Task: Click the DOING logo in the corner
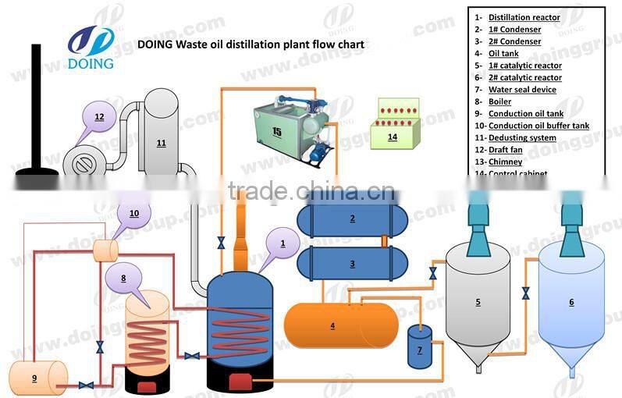click(x=91, y=46)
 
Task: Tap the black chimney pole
click(x=36, y=109)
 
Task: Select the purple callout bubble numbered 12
click(x=99, y=118)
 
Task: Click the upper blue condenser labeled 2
click(x=352, y=219)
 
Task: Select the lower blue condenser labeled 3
click(x=352, y=264)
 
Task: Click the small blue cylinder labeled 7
click(x=420, y=348)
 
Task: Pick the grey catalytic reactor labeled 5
click(x=478, y=304)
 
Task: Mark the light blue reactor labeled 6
click(x=571, y=304)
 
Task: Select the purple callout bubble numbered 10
click(x=134, y=213)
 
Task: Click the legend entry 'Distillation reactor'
click(x=524, y=17)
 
